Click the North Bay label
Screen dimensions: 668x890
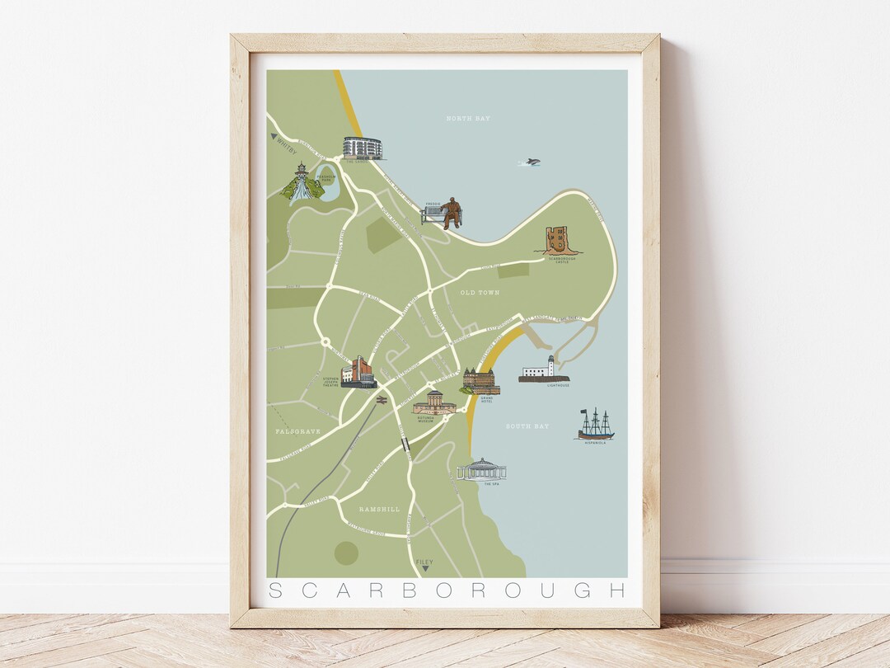(x=468, y=119)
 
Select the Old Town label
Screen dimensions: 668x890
(x=480, y=293)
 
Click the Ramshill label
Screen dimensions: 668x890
(x=380, y=510)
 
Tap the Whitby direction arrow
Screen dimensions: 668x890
(x=274, y=138)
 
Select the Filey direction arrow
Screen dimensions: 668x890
(x=425, y=568)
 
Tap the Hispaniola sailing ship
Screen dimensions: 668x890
(x=595, y=424)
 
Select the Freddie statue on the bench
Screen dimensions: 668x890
(x=448, y=214)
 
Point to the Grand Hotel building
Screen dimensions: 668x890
(x=480, y=381)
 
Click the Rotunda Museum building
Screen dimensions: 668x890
(x=434, y=402)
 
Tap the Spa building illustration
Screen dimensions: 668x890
(x=481, y=470)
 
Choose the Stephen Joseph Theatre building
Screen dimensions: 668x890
(x=359, y=373)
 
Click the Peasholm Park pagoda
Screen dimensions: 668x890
(x=302, y=182)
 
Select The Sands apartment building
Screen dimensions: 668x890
(x=363, y=148)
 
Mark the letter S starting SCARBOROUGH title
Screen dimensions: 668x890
(x=276, y=590)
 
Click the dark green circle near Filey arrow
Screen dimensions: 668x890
(x=347, y=553)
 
